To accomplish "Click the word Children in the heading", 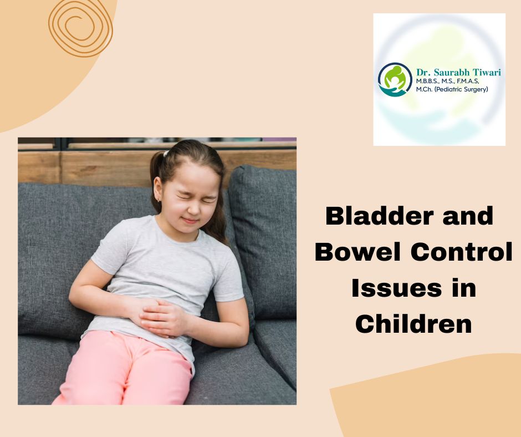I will (413, 325).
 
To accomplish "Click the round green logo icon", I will (395, 79).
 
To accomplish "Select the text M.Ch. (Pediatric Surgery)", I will (452, 89).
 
